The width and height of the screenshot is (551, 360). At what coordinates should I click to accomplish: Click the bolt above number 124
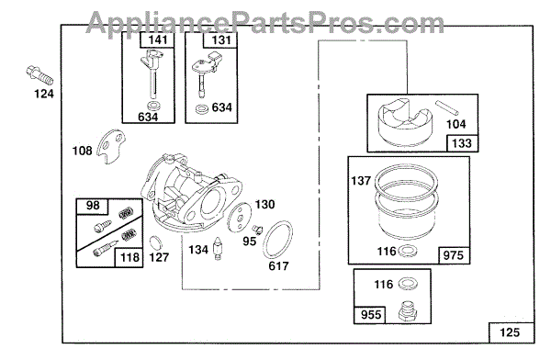pos(39,75)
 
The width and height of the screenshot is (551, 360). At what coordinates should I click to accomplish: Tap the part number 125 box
pos(512,332)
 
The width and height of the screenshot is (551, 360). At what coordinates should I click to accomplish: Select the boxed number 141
pos(157,39)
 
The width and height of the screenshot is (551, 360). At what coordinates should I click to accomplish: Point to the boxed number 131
pos(220,39)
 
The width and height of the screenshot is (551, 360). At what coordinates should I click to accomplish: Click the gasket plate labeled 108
pos(111,146)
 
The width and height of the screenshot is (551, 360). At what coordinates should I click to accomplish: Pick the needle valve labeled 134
pos(219,249)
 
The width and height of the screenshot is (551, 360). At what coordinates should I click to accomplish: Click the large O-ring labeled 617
pos(277,240)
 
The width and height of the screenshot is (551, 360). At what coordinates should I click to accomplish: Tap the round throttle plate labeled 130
pos(240,218)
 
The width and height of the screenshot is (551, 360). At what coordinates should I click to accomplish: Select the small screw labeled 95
pos(257,229)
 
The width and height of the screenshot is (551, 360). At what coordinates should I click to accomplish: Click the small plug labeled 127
pos(156,243)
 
